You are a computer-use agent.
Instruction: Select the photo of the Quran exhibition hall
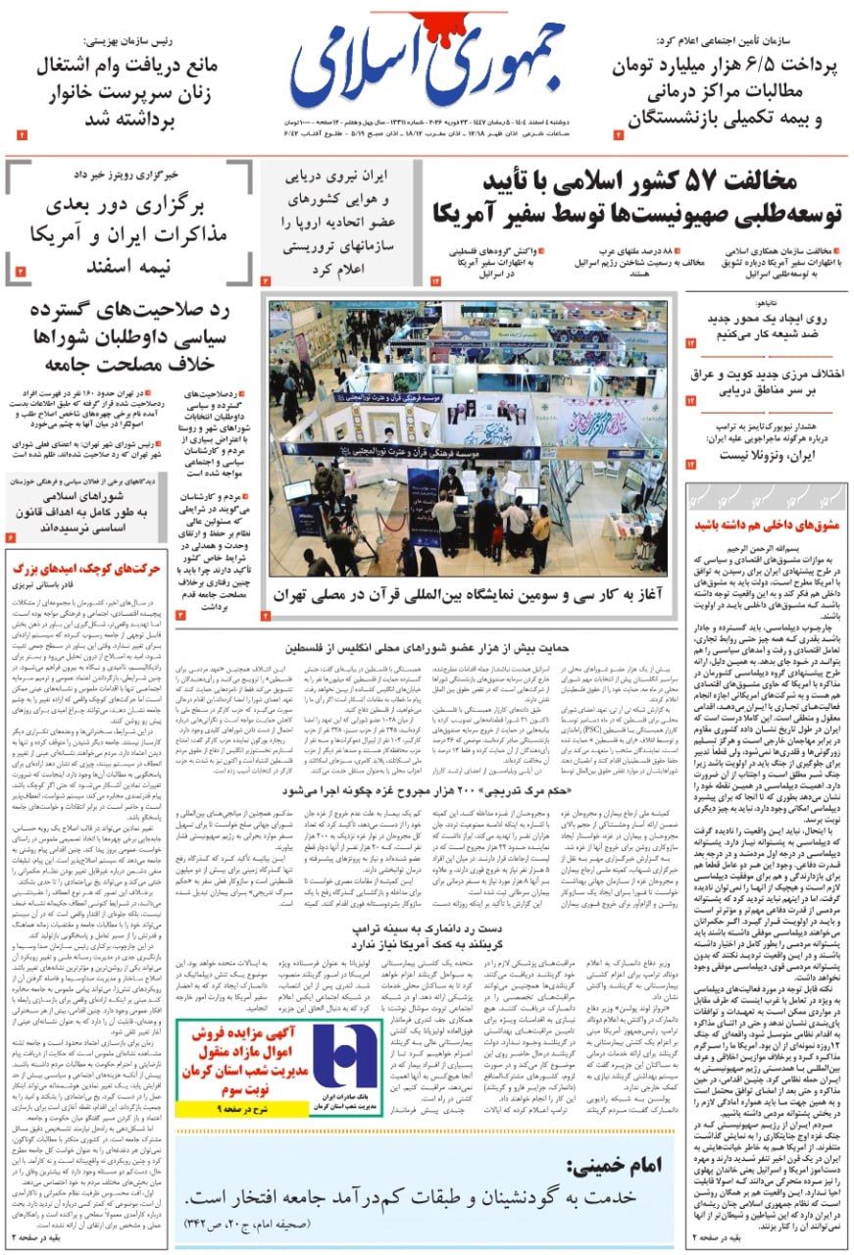pyautogui.click(x=470, y=438)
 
